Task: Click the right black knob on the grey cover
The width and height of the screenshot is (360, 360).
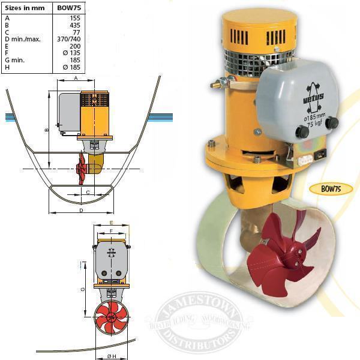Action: tap(332, 123)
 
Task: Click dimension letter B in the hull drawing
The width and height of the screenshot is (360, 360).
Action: tap(46, 129)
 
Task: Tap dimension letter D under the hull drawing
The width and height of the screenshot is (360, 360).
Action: tap(80, 211)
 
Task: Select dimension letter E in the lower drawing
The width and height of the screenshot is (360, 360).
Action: tap(111, 223)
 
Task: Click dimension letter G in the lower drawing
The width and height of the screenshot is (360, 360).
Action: tap(83, 289)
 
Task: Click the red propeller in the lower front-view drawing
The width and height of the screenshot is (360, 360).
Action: tap(111, 317)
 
